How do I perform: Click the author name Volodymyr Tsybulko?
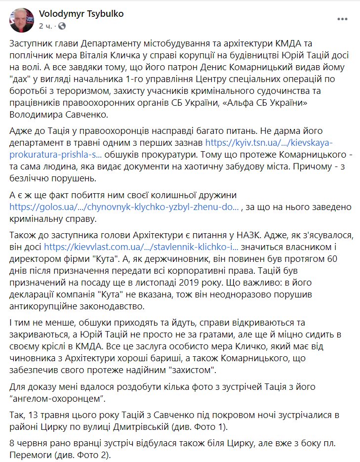point(81,14)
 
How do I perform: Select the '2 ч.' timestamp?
point(45,25)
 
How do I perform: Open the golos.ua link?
point(124,207)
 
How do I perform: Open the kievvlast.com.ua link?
point(141,246)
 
